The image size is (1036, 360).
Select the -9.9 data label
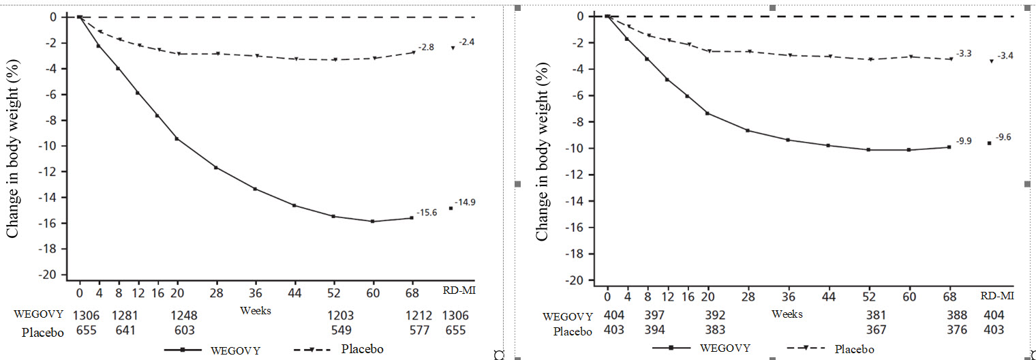pyautogui.click(x=964, y=141)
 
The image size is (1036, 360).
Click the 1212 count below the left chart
pyautogui.click(x=412, y=315)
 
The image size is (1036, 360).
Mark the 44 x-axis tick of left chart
pyautogui.click(x=294, y=295)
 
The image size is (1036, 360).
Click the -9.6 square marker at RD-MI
pyautogui.click(x=990, y=143)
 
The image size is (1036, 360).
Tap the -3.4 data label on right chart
pyautogui.click(x=1005, y=56)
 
